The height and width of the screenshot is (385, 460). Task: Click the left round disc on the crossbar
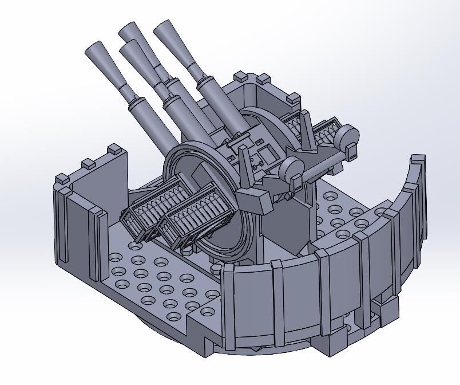click(291, 169)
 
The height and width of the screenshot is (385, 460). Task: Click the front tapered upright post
click(245, 166)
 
